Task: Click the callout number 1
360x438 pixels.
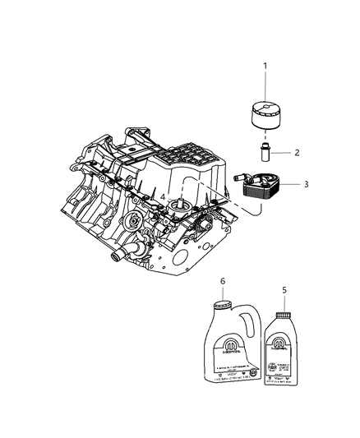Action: tap(265, 66)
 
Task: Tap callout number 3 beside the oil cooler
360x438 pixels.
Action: tap(306, 185)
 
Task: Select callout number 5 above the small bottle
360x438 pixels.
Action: tap(284, 290)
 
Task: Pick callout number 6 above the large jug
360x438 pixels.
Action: tap(223, 282)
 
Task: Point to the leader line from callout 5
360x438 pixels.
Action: tap(284, 302)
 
